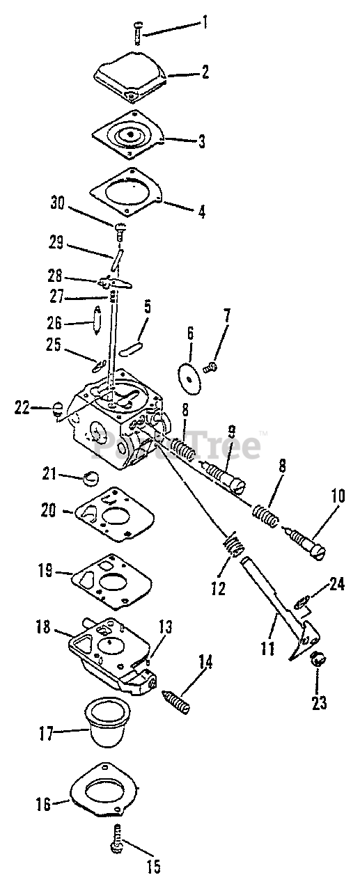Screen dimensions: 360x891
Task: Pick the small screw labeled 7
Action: coord(210,367)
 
